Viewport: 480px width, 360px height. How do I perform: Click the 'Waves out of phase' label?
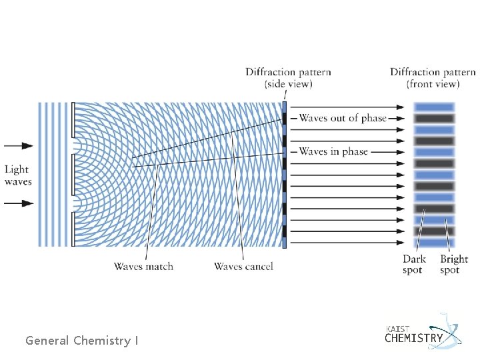coord(342,118)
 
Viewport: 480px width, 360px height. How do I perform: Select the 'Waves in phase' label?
coord(333,151)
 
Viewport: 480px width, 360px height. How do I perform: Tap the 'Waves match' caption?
coord(143,267)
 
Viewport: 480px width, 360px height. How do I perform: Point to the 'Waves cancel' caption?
coord(243,267)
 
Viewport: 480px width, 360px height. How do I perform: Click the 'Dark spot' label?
coord(413,265)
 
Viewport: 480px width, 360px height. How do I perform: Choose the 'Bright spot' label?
coord(453,265)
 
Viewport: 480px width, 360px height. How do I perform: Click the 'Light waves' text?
coord(18,176)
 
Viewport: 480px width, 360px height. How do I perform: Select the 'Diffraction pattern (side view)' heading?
coord(288,78)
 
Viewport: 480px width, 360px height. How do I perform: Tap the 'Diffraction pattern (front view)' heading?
coord(433,78)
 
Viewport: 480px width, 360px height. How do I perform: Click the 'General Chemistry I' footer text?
coord(82,341)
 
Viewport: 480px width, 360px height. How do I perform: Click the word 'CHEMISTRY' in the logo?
coord(414,338)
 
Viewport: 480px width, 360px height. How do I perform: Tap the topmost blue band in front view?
coord(434,107)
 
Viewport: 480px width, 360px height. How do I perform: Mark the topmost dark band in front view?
coord(434,118)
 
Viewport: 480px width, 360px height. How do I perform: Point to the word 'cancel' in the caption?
coord(257,267)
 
